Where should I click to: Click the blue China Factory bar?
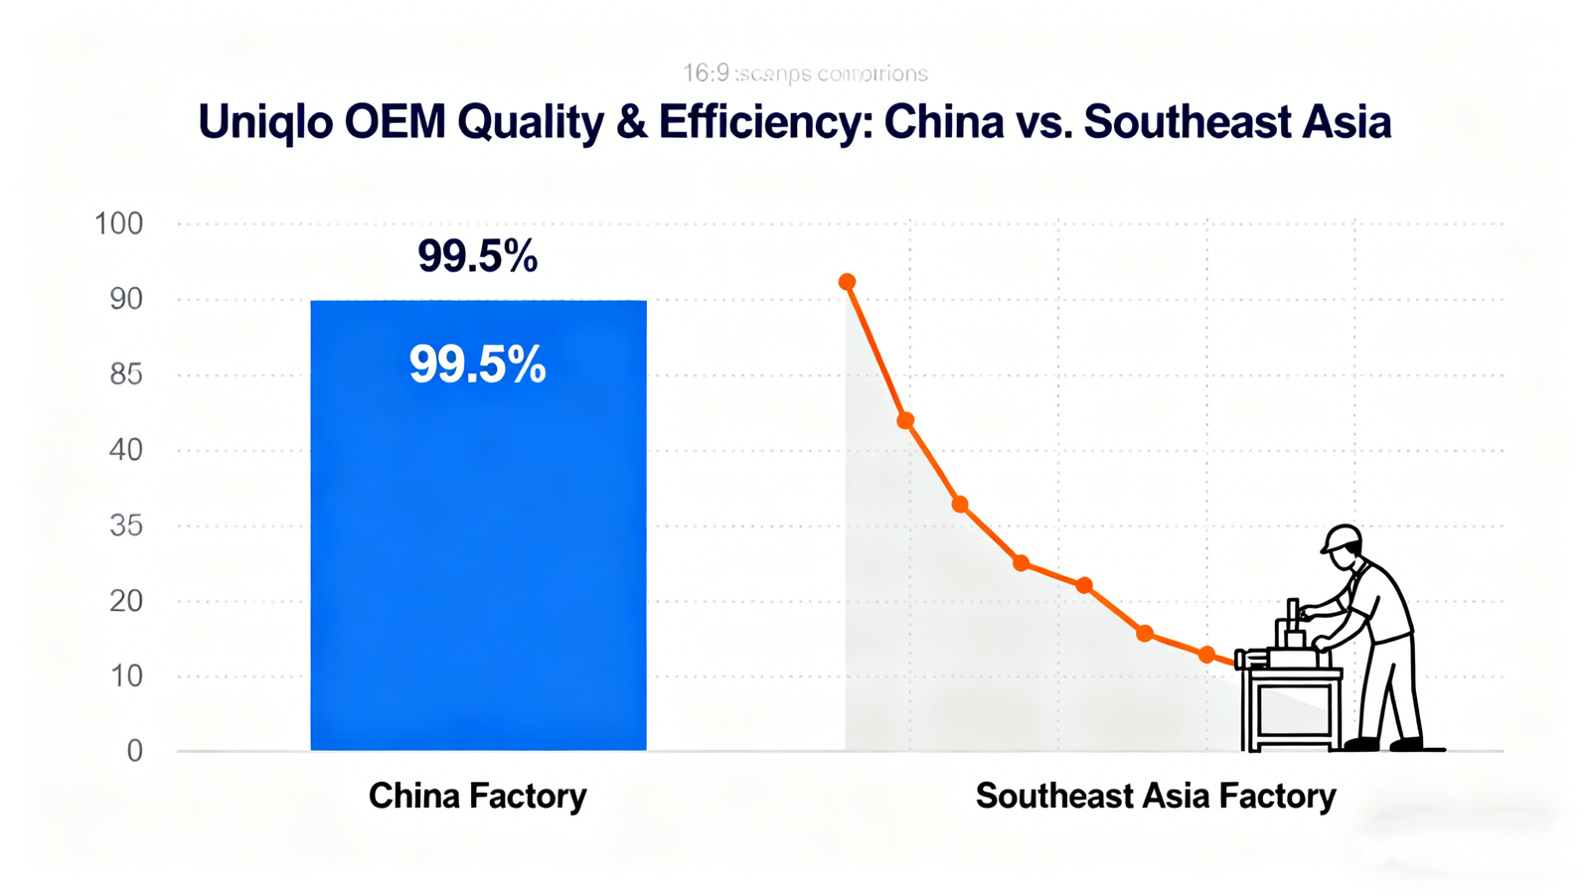tap(478, 556)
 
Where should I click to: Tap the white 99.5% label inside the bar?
tap(478, 365)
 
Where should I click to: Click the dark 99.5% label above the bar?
tap(478, 256)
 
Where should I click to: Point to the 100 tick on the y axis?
tap(119, 223)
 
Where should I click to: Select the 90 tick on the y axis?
tap(126, 299)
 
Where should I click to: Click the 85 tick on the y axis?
tap(126, 374)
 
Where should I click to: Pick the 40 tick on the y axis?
tap(126, 450)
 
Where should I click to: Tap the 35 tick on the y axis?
tap(126, 525)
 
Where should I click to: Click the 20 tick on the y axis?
tap(126, 601)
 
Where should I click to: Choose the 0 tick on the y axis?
tap(134, 751)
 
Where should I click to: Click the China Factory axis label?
tap(478, 796)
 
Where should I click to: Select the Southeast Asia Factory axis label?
tap(1156, 796)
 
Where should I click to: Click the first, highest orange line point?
tap(847, 282)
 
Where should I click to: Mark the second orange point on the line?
tap(905, 421)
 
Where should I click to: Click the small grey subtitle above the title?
tap(805, 74)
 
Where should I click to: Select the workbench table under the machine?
tap(1290, 707)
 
